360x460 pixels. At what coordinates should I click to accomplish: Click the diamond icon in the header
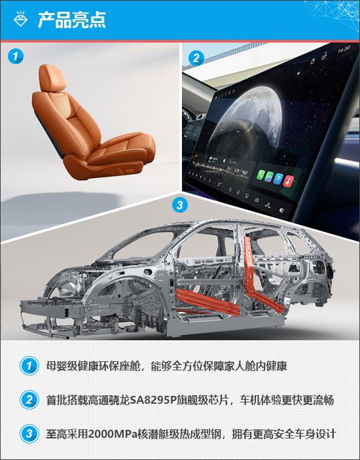(20, 20)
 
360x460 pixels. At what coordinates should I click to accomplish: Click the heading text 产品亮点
(72, 20)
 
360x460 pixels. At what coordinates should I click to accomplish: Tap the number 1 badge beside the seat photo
(15, 56)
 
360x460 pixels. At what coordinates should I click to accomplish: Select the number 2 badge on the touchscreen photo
(196, 58)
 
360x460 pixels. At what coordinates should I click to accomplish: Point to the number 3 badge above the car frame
(179, 204)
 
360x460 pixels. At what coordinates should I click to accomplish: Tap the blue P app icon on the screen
(278, 179)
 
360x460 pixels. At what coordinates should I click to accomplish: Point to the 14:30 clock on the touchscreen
(343, 48)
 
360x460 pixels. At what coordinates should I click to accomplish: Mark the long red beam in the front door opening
(207, 302)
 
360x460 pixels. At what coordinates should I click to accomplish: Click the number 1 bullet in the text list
(29, 366)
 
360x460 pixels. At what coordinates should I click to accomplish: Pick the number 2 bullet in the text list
(29, 400)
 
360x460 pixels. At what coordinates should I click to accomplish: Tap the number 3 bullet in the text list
(29, 434)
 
